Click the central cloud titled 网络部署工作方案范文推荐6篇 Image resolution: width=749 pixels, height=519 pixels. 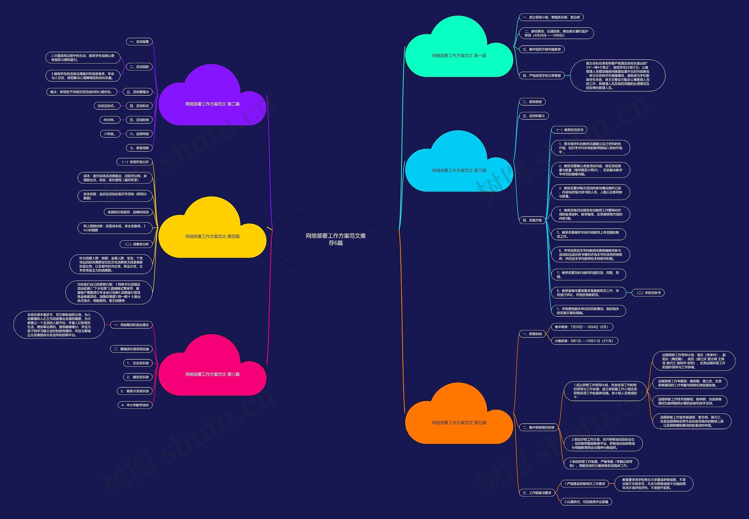(x=336, y=239)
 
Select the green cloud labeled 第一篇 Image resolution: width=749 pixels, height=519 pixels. (x=459, y=56)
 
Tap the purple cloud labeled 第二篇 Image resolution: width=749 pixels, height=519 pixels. (x=212, y=104)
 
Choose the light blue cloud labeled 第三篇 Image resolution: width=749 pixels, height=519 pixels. (x=459, y=170)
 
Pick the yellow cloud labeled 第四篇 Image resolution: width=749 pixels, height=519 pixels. (x=212, y=237)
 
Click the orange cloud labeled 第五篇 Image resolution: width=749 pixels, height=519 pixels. (x=459, y=423)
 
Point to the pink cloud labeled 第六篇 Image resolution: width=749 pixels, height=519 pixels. (x=212, y=374)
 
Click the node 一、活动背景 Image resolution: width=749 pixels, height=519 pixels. (x=139, y=42)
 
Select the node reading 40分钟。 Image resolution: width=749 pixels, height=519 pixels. (x=109, y=120)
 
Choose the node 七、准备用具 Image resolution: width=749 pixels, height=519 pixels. (x=139, y=148)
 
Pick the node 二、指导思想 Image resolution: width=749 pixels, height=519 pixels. (x=532, y=102)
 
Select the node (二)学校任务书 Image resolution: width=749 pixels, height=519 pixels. (x=648, y=293)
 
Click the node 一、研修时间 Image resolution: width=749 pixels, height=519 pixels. (x=532, y=334)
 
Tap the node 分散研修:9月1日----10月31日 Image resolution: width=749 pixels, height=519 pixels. (x=584, y=341)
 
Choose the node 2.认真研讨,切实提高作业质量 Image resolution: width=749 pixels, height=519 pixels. (x=586, y=502)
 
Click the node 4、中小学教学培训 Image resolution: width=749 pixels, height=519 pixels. (x=135, y=405)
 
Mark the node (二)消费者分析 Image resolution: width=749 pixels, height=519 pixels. (x=136, y=244)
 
